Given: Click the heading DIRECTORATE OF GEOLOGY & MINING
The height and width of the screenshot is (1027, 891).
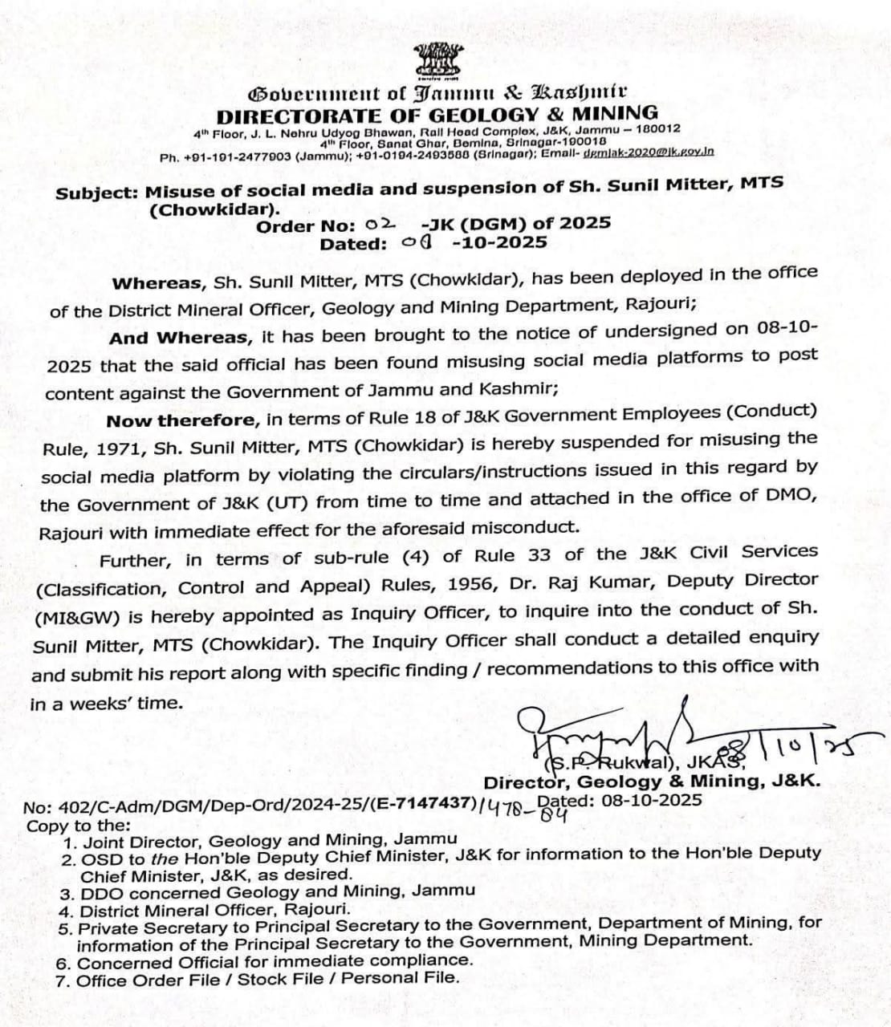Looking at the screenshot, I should click(x=437, y=114).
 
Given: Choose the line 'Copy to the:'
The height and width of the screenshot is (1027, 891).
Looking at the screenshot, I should click(x=78, y=826).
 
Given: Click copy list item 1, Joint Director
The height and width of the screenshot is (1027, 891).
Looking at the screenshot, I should click(x=260, y=841).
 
